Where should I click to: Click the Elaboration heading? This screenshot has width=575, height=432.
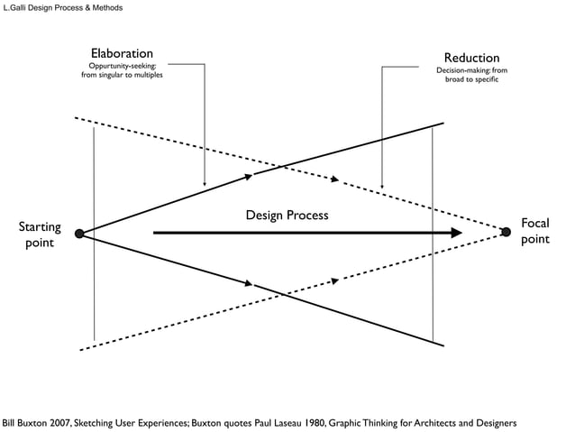(122, 54)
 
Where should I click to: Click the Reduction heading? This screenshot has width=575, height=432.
(471, 58)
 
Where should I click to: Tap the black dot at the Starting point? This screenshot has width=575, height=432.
(79, 234)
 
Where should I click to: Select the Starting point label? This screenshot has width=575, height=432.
(40, 234)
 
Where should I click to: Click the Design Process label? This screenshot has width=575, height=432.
(287, 216)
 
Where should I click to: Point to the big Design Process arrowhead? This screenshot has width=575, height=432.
(456, 233)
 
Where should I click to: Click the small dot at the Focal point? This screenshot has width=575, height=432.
(505, 232)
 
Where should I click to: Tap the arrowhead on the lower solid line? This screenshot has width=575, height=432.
(249, 284)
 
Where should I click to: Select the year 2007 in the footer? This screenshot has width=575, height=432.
(56, 422)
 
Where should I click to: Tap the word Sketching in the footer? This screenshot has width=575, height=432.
(94, 422)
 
